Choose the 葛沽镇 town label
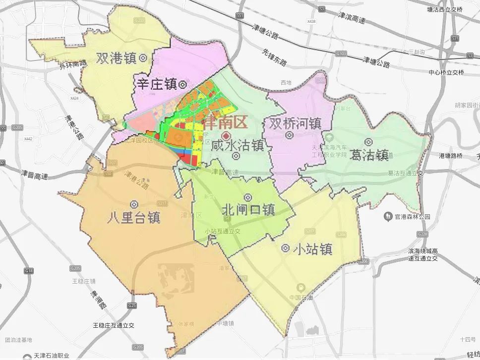point(369,155)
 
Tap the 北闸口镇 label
point(248,209)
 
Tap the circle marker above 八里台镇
point(134,204)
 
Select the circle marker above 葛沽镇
point(369,142)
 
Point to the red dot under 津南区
point(226,136)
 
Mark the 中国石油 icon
point(300,288)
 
